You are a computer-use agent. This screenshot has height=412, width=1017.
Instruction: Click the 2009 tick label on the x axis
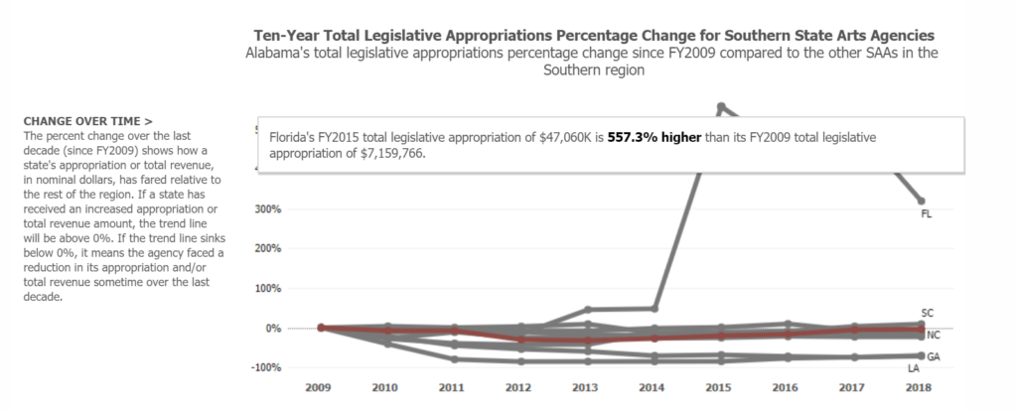[318, 388]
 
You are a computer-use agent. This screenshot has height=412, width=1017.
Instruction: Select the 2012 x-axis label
[518, 388]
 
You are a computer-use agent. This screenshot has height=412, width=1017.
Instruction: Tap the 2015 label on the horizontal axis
[719, 388]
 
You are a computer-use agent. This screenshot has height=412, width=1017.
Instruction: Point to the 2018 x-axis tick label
[919, 388]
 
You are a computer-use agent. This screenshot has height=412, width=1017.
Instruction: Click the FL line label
[927, 214]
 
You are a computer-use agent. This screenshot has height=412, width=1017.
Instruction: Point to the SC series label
[928, 313]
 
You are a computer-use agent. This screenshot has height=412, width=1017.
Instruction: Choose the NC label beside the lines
[934, 336]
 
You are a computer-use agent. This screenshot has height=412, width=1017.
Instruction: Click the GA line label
[934, 356]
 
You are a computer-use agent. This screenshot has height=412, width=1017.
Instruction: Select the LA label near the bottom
[914, 368]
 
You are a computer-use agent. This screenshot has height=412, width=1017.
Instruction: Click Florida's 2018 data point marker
[922, 202]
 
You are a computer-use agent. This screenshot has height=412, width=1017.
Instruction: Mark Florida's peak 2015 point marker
[721, 106]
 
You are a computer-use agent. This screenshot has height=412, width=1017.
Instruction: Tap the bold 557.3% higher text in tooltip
[654, 138]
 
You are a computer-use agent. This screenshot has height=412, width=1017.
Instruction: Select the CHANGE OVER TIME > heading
[88, 121]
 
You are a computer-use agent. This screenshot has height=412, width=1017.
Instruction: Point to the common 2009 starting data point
[321, 328]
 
